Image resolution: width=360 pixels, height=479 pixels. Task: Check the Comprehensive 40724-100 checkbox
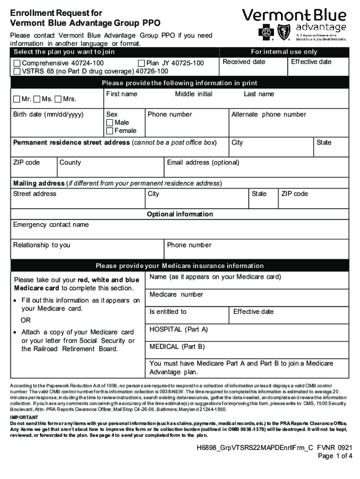coord(17,63)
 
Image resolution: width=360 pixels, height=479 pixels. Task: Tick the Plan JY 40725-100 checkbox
coord(142,63)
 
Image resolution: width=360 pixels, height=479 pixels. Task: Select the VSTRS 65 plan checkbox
coord(17,72)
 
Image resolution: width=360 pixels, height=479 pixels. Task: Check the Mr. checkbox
coord(17,99)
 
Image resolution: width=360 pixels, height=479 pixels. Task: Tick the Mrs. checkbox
coord(58,99)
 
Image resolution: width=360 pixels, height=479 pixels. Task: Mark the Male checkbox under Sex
coord(110,123)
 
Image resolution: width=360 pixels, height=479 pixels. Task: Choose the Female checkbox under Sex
coord(110,131)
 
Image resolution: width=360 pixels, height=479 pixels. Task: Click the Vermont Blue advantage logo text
coord(294,21)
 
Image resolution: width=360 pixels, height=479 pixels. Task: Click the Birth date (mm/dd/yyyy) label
coord(48,115)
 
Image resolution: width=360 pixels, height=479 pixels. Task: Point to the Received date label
coord(244,62)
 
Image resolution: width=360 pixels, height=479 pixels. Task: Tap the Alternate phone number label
coord(269,115)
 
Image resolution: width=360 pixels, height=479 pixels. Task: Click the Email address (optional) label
coord(203,163)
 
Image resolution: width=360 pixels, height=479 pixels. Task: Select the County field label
coord(70,163)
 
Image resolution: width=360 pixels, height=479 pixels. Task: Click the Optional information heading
coord(180,214)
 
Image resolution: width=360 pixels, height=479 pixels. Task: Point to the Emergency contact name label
coord(50,225)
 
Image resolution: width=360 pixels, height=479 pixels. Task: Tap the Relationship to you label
coord(42,245)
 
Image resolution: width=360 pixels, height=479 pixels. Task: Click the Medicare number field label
coord(176,295)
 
